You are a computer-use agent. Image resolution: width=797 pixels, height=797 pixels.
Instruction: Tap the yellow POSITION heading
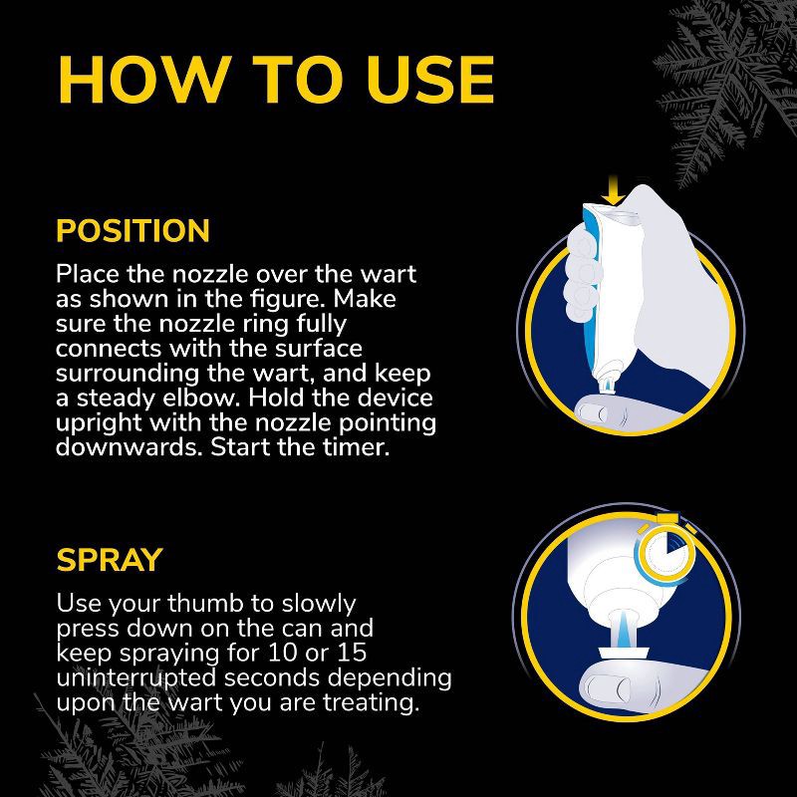tap(133, 231)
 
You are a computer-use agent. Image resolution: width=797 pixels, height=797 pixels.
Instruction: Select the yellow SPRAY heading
tap(109, 560)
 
